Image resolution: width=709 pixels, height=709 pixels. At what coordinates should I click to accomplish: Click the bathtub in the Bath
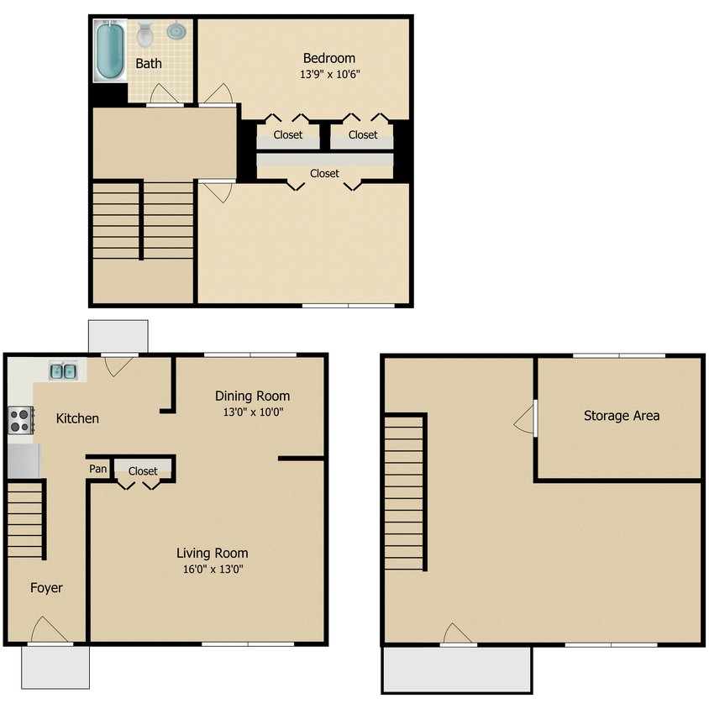click(x=110, y=50)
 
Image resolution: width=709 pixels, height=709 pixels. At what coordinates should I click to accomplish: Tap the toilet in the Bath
click(x=145, y=34)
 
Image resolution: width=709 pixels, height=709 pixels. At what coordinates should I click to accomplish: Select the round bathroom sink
click(x=176, y=31)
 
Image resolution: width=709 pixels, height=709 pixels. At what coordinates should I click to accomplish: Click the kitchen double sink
click(x=63, y=371)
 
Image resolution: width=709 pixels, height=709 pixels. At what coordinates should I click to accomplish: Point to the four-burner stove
click(x=21, y=421)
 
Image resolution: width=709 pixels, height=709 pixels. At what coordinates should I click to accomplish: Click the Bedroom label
click(x=329, y=58)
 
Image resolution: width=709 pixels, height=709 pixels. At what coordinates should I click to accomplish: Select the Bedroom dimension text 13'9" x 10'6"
click(x=329, y=74)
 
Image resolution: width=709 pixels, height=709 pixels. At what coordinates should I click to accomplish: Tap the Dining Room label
click(x=252, y=397)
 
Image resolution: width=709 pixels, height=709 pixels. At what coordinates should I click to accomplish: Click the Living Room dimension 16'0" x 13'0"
click(x=213, y=569)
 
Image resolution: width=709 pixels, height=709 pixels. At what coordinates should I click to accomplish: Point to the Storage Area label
click(x=622, y=416)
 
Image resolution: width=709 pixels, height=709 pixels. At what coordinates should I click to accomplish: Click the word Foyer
click(x=46, y=588)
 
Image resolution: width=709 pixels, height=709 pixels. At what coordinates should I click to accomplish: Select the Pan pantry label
click(x=98, y=469)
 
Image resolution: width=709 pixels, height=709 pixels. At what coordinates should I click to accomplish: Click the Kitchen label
click(x=77, y=418)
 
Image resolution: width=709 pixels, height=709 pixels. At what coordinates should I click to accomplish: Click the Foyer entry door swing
click(x=49, y=629)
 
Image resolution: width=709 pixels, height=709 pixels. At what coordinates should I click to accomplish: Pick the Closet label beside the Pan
click(x=143, y=471)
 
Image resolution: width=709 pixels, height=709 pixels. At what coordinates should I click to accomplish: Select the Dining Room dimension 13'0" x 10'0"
click(x=253, y=412)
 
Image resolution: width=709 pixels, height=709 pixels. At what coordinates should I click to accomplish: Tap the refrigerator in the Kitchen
click(x=24, y=460)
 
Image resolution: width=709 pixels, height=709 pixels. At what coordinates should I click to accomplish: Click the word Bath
click(x=149, y=64)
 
